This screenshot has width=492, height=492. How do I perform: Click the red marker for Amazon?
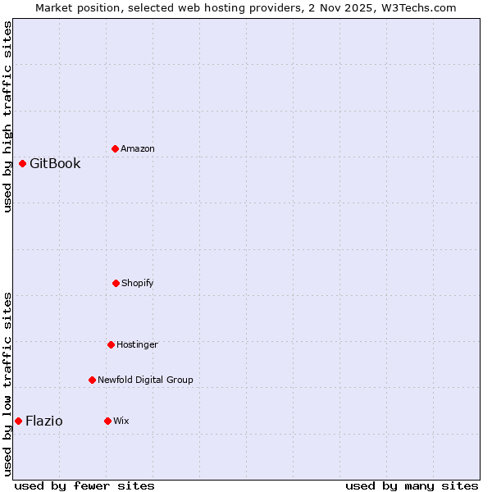(115, 148)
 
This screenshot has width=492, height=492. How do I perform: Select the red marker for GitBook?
(22, 163)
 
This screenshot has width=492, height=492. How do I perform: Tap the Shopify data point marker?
(116, 283)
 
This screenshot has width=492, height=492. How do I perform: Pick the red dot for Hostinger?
(111, 344)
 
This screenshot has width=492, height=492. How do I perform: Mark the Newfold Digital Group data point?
(92, 380)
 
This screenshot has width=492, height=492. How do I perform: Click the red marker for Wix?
(107, 421)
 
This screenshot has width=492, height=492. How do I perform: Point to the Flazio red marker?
(18, 421)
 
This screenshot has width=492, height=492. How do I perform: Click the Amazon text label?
(138, 148)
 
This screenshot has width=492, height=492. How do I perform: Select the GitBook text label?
(55, 163)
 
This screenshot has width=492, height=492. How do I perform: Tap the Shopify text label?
(138, 283)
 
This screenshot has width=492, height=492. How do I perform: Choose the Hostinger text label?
(137, 344)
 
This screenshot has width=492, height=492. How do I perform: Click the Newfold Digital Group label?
(145, 380)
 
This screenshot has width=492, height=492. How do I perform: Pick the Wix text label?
(121, 421)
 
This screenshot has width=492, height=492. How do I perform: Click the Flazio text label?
(44, 421)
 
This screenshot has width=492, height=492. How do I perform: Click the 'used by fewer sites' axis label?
(84, 485)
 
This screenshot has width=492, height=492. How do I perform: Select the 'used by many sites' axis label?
(412, 485)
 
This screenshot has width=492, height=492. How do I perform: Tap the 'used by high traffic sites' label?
(7, 116)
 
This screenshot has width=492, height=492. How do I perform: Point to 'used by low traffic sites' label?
(7, 384)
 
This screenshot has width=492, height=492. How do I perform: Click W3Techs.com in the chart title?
(418, 7)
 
